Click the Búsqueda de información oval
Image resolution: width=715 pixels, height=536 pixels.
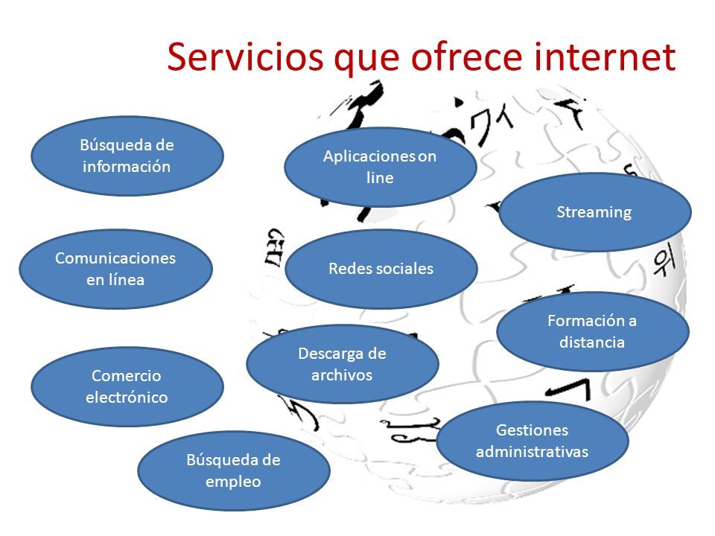pyautogui.click(x=127, y=156)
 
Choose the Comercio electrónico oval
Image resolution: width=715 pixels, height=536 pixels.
pyautogui.click(x=127, y=387)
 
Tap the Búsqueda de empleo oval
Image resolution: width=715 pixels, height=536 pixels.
pyautogui.click(x=234, y=470)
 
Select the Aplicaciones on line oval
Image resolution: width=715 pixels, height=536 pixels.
pyautogui.click(x=380, y=167)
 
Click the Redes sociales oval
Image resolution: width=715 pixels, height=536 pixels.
pyautogui.click(x=381, y=269)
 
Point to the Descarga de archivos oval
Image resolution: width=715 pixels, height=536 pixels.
pyautogui.click(x=343, y=363)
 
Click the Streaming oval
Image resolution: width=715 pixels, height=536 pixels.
pyautogui.click(x=594, y=212)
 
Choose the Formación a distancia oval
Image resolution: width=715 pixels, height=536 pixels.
pyautogui.click(x=592, y=331)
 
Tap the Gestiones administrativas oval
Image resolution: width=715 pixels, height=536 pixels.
pyautogui.click(x=532, y=441)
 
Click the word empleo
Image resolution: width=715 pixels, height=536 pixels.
pyautogui.click(x=234, y=481)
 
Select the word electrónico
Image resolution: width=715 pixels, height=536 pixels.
pyautogui.click(x=127, y=397)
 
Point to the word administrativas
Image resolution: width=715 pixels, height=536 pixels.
pyautogui.click(x=532, y=451)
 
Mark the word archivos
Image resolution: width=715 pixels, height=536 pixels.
pyautogui.click(x=343, y=374)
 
